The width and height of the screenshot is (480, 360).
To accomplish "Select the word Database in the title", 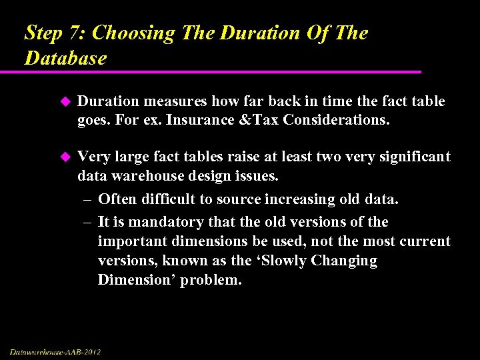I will coord(65,58).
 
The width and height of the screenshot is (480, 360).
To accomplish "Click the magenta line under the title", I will coord(220,71).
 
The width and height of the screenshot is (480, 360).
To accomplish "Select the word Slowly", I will coord(287,261).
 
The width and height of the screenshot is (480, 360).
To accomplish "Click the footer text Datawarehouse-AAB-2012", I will coord(55,351).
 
